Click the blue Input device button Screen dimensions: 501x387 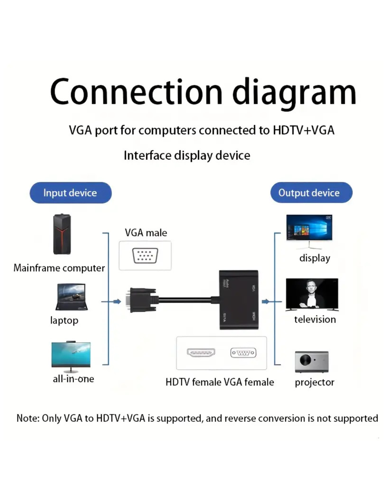pyautogui.click(x=70, y=193)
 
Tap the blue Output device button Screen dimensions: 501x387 pyautogui.click(x=311, y=193)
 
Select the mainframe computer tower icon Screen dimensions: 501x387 pyautogui.click(x=62, y=234)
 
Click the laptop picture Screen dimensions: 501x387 pyautogui.click(x=71, y=297)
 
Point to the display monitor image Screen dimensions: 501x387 pyautogui.click(x=309, y=229)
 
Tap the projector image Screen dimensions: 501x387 pyautogui.click(x=311, y=361)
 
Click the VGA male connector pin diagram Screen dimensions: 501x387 pyautogui.click(x=145, y=256)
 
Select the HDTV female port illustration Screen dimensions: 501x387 pyautogui.click(x=201, y=352)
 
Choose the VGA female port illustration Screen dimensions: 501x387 pyautogui.click(x=243, y=352)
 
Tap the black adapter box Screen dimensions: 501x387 pyautogui.click(x=239, y=300)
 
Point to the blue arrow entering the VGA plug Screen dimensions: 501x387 pyautogui.click(x=117, y=302)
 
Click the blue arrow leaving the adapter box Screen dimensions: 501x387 pyautogui.click(x=266, y=302)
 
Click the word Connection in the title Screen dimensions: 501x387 pyautogui.click(x=136, y=92)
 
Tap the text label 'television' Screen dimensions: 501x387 pyautogui.click(x=315, y=320)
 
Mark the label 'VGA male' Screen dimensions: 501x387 pyautogui.click(x=146, y=233)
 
